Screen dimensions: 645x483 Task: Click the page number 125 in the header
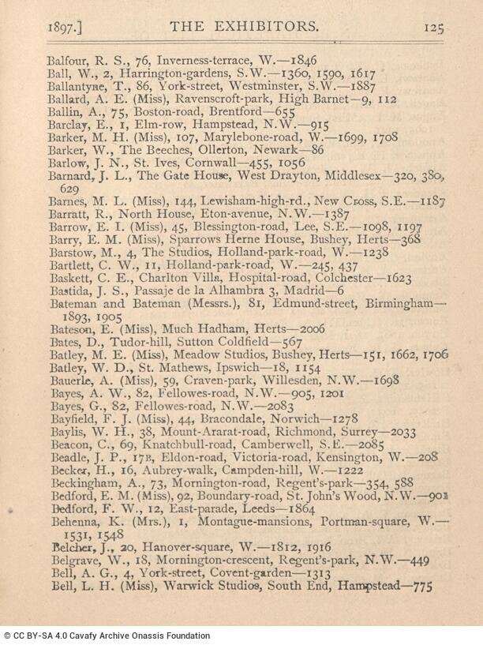pos(434,27)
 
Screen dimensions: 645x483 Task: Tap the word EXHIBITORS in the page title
pos(270,27)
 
